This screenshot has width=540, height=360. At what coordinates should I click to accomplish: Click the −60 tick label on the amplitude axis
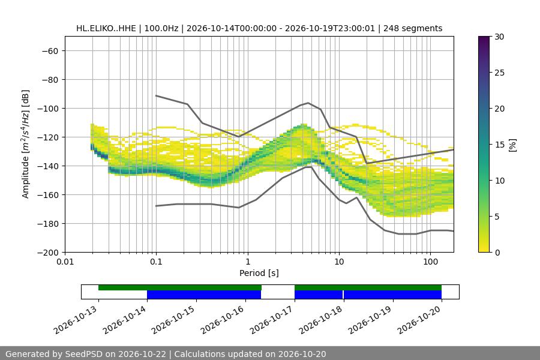(50, 51)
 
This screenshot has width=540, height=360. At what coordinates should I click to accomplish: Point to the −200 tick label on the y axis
(48, 253)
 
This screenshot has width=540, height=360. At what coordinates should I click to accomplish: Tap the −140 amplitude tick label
(48, 166)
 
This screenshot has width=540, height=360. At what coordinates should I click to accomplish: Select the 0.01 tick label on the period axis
(65, 262)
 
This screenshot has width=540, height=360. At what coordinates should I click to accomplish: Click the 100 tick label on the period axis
(430, 262)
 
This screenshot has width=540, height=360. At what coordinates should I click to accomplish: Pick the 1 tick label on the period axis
(248, 262)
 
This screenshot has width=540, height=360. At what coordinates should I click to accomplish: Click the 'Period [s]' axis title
(259, 273)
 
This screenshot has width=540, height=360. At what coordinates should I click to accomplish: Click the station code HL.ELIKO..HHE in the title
(106, 28)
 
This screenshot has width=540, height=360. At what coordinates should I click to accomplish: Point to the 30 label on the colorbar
(499, 37)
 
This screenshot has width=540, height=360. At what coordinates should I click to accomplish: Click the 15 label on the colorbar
(499, 145)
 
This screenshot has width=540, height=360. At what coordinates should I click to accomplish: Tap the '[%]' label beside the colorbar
(513, 145)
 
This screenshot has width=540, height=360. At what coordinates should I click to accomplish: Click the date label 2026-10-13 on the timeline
(76, 320)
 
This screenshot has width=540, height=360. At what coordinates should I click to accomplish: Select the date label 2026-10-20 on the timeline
(419, 320)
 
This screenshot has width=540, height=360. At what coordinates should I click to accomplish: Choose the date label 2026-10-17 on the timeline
(272, 320)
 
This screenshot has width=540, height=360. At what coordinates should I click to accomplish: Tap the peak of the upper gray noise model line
(308, 103)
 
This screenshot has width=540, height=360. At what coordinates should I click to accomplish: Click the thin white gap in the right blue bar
(343, 295)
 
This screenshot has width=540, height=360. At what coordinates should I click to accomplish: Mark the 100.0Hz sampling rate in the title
(161, 28)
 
